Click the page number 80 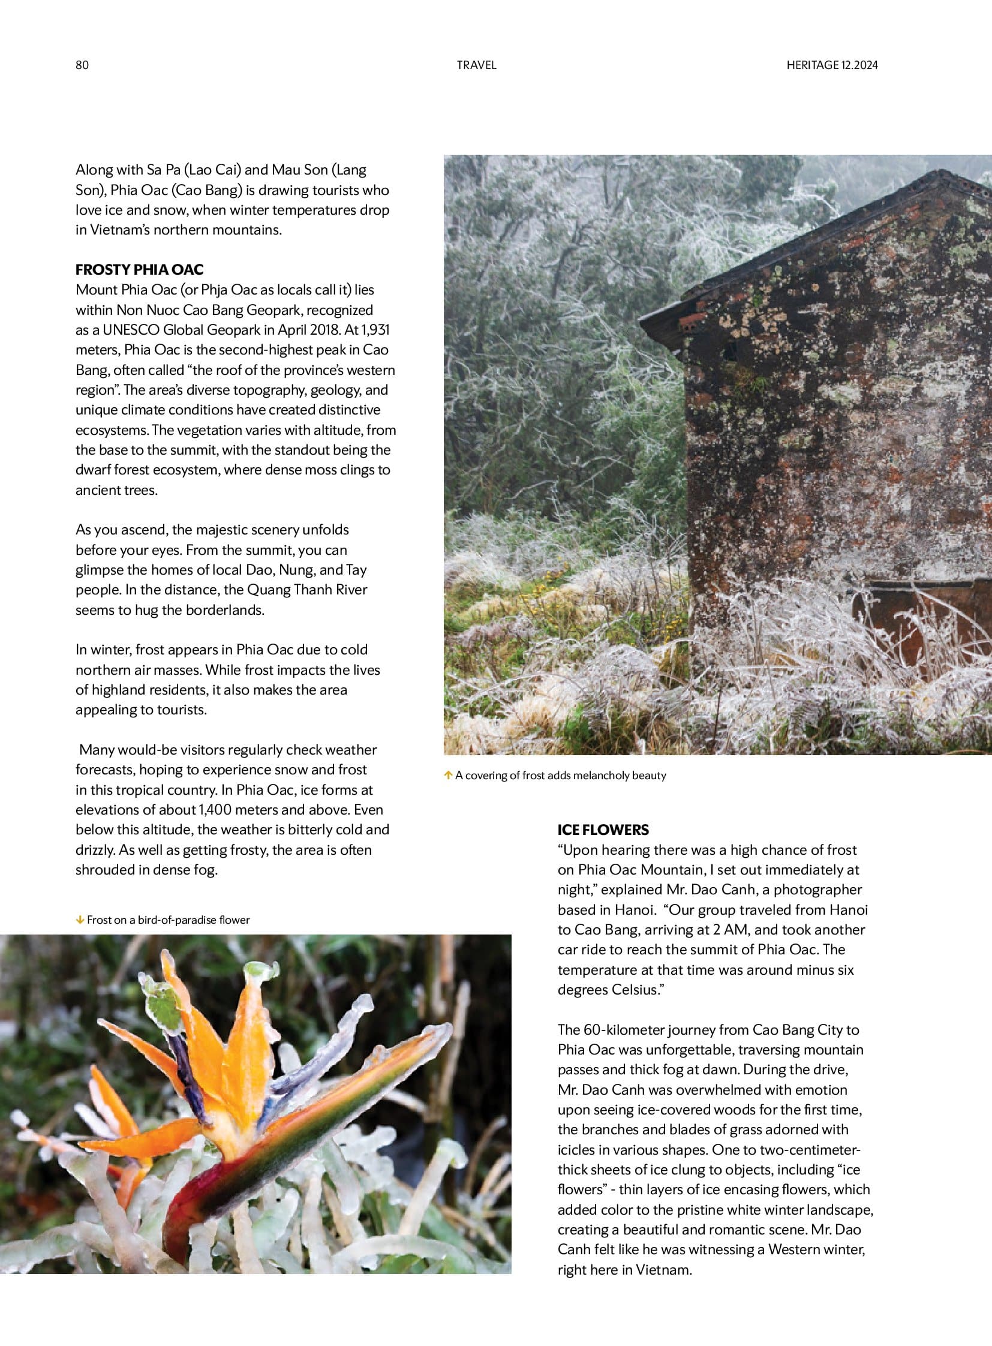tap(82, 65)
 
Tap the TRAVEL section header tap(476, 65)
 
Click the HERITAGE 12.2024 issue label tap(832, 65)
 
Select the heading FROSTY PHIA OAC tap(139, 269)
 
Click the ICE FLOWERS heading tap(603, 830)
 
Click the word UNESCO tap(131, 330)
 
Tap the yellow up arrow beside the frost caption tap(448, 776)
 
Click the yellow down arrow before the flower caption tap(79, 920)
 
